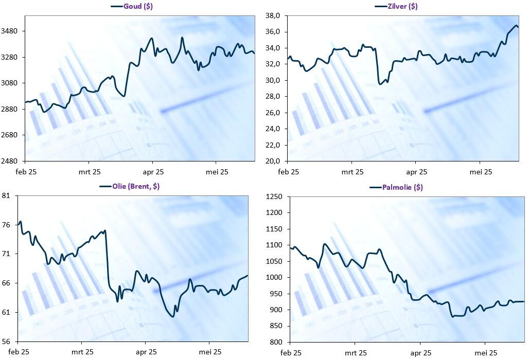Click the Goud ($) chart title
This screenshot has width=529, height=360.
click(x=138, y=6)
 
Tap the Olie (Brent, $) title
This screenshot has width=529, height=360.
click(x=135, y=186)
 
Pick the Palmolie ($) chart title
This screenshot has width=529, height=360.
click(x=402, y=187)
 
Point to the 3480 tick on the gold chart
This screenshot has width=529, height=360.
click(x=10, y=31)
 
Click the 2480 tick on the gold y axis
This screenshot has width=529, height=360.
click(x=10, y=161)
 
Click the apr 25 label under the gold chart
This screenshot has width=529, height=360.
click(x=153, y=172)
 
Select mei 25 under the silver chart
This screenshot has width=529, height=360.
click(x=481, y=172)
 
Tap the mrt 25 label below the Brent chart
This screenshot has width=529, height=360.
click(x=81, y=352)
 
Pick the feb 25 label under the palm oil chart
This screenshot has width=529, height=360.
click(x=290, y=353)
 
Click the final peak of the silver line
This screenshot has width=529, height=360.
click(x=516, y=25)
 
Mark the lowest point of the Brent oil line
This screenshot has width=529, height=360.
click(x=172, y=316)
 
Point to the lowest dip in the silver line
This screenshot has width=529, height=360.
click(x=380, y=83)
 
